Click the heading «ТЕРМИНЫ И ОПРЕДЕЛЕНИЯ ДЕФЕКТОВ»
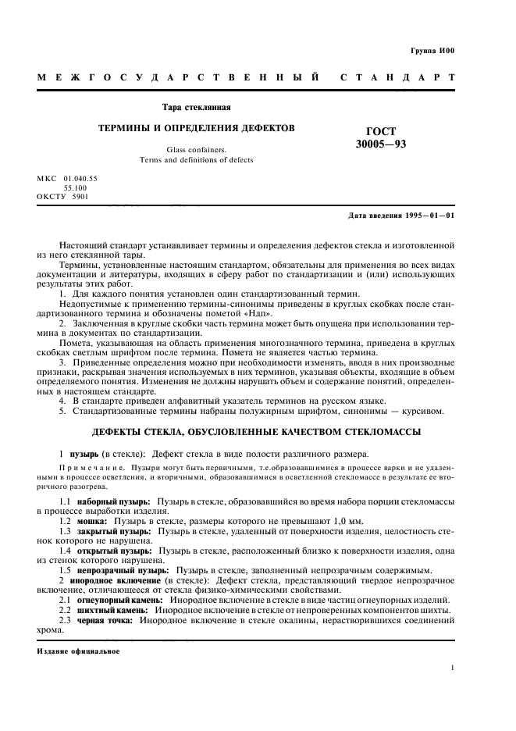pos(195,127)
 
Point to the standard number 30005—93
pos(380,144)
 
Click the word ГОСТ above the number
pos(380,131)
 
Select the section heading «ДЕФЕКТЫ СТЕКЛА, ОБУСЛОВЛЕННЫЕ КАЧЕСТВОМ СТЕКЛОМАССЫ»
pos(256,431)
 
